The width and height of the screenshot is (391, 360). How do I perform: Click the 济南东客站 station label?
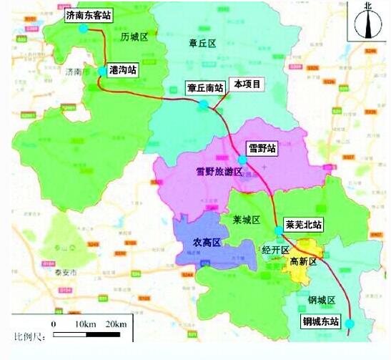(x=88, y=14)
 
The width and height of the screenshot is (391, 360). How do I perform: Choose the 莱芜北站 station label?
(x=302, y=225)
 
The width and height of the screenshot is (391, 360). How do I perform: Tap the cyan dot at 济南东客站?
(x=84, y=29)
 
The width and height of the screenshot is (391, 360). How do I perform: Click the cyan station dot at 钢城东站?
(x=350, y=325)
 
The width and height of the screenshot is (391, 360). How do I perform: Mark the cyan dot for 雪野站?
(x=242, y=160)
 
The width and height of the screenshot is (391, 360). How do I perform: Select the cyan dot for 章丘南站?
(x=204, y=104)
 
